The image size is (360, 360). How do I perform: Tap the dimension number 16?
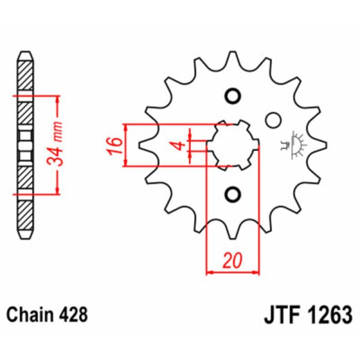(115, 145)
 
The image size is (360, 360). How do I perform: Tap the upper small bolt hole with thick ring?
(232, 96)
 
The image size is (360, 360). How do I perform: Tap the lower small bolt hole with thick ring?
(232, 194)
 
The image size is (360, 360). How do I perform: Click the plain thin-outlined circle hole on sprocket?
(273, 120)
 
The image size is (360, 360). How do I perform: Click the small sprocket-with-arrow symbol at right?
(295, 144)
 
